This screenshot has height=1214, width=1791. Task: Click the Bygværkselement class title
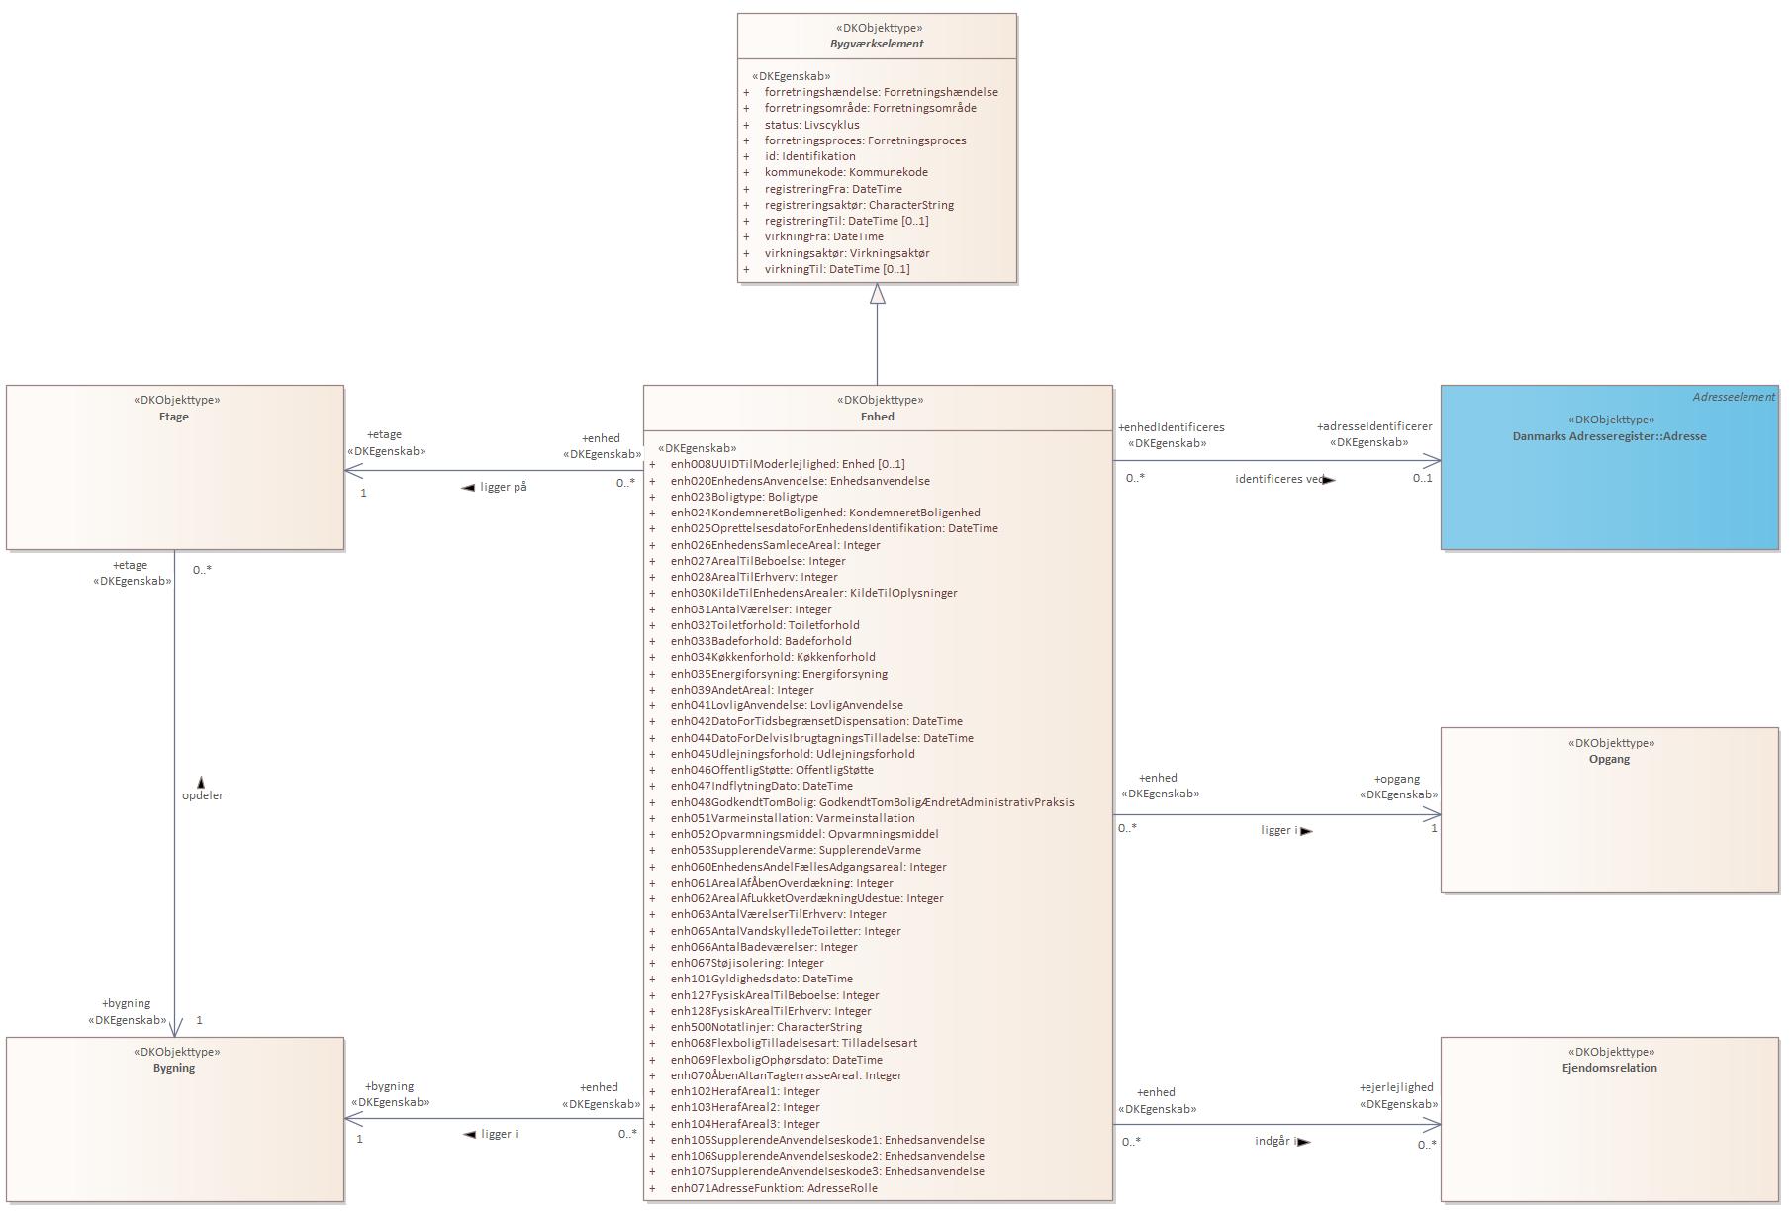pyautogui.click(x=877, y=44)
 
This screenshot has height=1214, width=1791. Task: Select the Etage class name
pyautogui.click(x=174, y=417)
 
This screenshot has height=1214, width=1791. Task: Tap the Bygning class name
pyautogui.click(x=174, y=1068)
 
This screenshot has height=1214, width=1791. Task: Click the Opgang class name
pyautogui.click(x=1609, y=759)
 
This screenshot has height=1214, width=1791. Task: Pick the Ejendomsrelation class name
pyautogui.click(x=1609, y=1068)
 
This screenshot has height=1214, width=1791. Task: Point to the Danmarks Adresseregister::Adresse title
pyautogui.click(x=1609, y=436)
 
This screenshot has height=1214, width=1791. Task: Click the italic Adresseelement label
pyautogui.click(x=1733, y=397)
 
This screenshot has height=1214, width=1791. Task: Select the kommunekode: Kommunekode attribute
pyautogui.click(x=846, y=172)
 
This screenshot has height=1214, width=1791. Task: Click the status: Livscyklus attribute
pyautogui.click(x=811, y=125)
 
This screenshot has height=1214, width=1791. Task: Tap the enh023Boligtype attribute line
pyautogui.click(x=744, y=497)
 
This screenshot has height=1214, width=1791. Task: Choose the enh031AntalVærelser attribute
pyautogui.click(x=751, y=609)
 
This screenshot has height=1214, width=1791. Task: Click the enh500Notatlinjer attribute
pyautogui.click(x=766, y=1027)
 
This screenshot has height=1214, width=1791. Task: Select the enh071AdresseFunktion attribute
pyautogui.click(x=774, y=1188)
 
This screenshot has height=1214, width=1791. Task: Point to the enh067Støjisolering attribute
pyautogui.click(x=747, y=963)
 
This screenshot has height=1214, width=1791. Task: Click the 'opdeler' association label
pyautogui.click(x=203, y=795)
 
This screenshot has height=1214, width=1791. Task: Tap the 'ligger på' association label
pyautogui.click(x=503, y=487)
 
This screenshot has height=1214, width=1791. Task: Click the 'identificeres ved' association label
pyautogui.click(x=1279, y=479)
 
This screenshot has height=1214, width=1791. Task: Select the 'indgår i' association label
pyautogui.click(x=1275, y=1141)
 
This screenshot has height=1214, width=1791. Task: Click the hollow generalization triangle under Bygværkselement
pyautogui.click(x=877, y=294)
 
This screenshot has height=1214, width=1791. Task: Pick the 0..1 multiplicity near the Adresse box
pyautogui.click(x=1422, y=478)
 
